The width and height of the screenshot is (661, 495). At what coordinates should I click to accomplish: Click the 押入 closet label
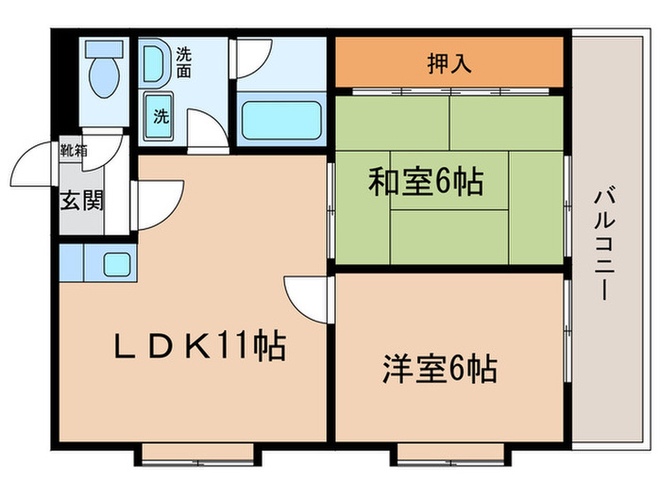click(449, 64)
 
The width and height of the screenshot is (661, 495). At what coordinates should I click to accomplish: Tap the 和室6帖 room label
click(425, 180)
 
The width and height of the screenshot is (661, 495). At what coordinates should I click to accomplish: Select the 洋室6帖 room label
click(440, 368)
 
